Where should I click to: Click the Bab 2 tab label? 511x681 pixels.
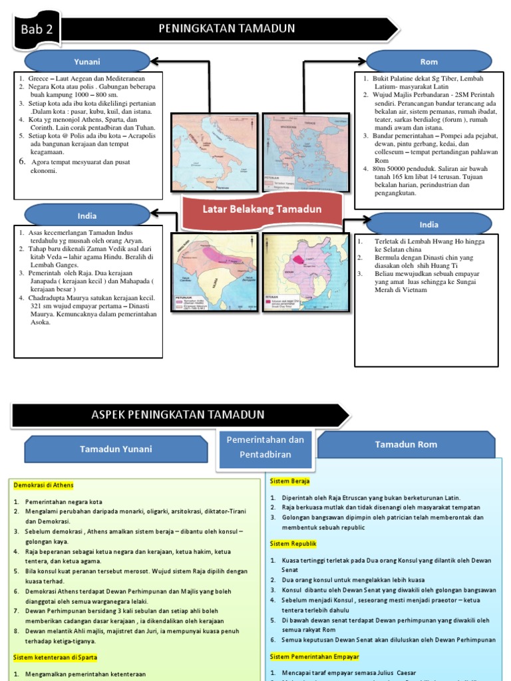click(x=36, y=29)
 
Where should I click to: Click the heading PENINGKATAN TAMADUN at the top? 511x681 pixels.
click(x=226, y=29)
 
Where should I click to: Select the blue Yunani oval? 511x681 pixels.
click(x=87, y=62)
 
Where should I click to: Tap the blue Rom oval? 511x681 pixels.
click(x=429, y=62)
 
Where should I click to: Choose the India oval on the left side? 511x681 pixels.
click(x=87, y=215)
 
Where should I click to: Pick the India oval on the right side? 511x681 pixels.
click(x=429, y=224)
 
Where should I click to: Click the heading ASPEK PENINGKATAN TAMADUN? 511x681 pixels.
click(x=178, y=415)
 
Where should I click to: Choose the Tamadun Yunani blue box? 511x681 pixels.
click(x=116, y=449)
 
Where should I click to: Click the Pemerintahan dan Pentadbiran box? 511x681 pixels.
click(x=265, y=447)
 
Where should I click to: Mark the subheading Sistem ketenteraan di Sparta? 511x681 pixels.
click(x=55, y=658)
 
